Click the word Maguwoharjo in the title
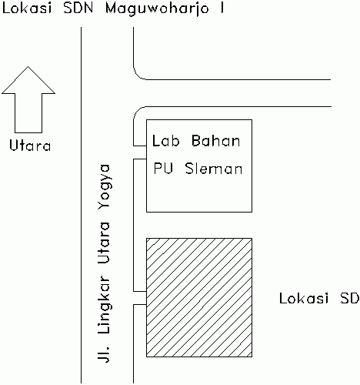coord(157,9)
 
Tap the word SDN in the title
coord(78,8)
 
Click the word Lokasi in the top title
coord(27,8)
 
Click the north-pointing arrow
coord(28,99)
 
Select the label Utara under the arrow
coord(30,145)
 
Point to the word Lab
coord(165,141)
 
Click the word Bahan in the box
coord(215,141)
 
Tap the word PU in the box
coord(163,169)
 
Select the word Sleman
coord(214,169)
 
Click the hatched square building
coord(199,297)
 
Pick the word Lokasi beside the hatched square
coord(304,298)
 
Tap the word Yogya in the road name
coord(104,190)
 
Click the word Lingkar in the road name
coord(104,305)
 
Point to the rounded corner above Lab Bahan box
coord(137,110)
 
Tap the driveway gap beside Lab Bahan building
coord(140,152)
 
